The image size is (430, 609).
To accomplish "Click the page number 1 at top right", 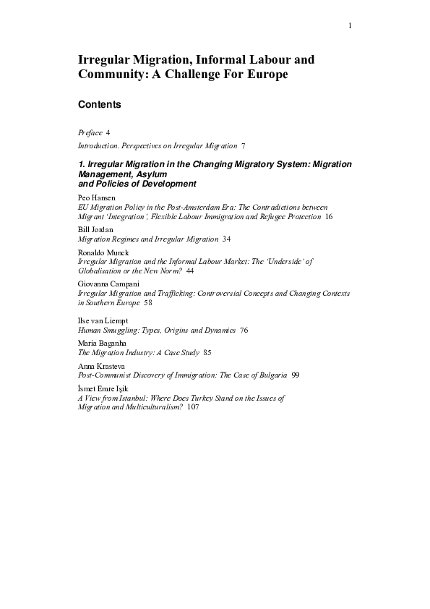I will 350,26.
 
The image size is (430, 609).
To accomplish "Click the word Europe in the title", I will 258,75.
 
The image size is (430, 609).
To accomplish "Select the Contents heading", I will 99,105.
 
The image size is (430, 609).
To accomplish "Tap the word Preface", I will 90,133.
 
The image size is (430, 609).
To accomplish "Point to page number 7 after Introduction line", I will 244,146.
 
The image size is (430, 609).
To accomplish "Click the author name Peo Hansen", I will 95,197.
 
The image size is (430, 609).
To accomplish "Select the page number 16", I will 329,216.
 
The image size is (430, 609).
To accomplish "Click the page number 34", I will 227,239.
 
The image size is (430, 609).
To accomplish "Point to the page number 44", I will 190,270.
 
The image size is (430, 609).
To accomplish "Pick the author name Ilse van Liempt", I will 103,320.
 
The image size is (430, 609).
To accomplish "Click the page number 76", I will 244,330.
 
